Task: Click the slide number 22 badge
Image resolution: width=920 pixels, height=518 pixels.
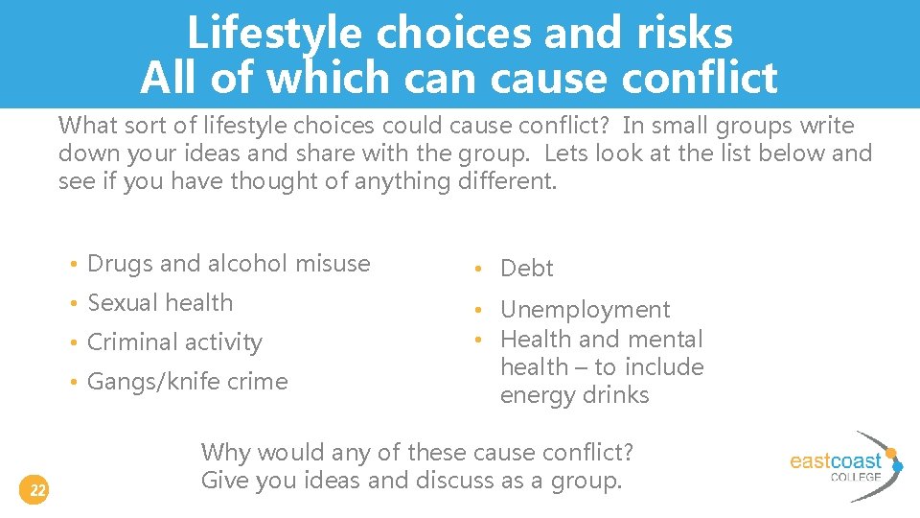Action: [37, 491]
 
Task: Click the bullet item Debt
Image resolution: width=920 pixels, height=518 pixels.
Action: [527, 269]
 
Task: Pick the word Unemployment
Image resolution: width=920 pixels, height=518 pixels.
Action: [585, 310]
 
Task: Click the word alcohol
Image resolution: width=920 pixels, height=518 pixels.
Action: [241, 264]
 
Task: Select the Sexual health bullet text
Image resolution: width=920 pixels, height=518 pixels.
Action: [160, 303]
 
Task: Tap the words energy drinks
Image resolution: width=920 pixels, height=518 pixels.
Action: [574, 395]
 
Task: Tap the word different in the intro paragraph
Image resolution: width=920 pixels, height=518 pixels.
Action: [504, 180]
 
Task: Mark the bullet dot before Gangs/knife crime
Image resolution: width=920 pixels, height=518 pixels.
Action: [73, 383]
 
